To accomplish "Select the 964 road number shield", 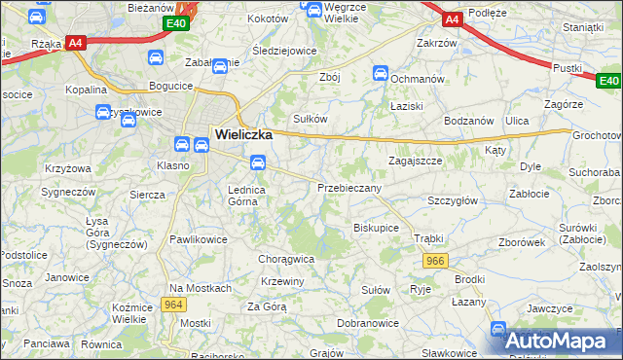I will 174,305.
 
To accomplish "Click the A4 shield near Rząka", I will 76,43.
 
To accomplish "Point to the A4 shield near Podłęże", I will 452,18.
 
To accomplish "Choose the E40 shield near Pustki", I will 608,81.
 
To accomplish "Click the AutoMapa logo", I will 559,341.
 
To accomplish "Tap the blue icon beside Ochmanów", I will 382,73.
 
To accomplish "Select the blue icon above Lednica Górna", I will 258,162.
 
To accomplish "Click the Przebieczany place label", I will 349,187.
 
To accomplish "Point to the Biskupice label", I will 376,227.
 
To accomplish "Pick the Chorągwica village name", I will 285,259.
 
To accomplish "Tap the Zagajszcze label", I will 416,161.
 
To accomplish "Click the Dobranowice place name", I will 363,322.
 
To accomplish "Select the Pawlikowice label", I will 199,237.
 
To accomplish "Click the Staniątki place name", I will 583,27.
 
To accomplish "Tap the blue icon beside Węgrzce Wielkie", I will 314,10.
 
